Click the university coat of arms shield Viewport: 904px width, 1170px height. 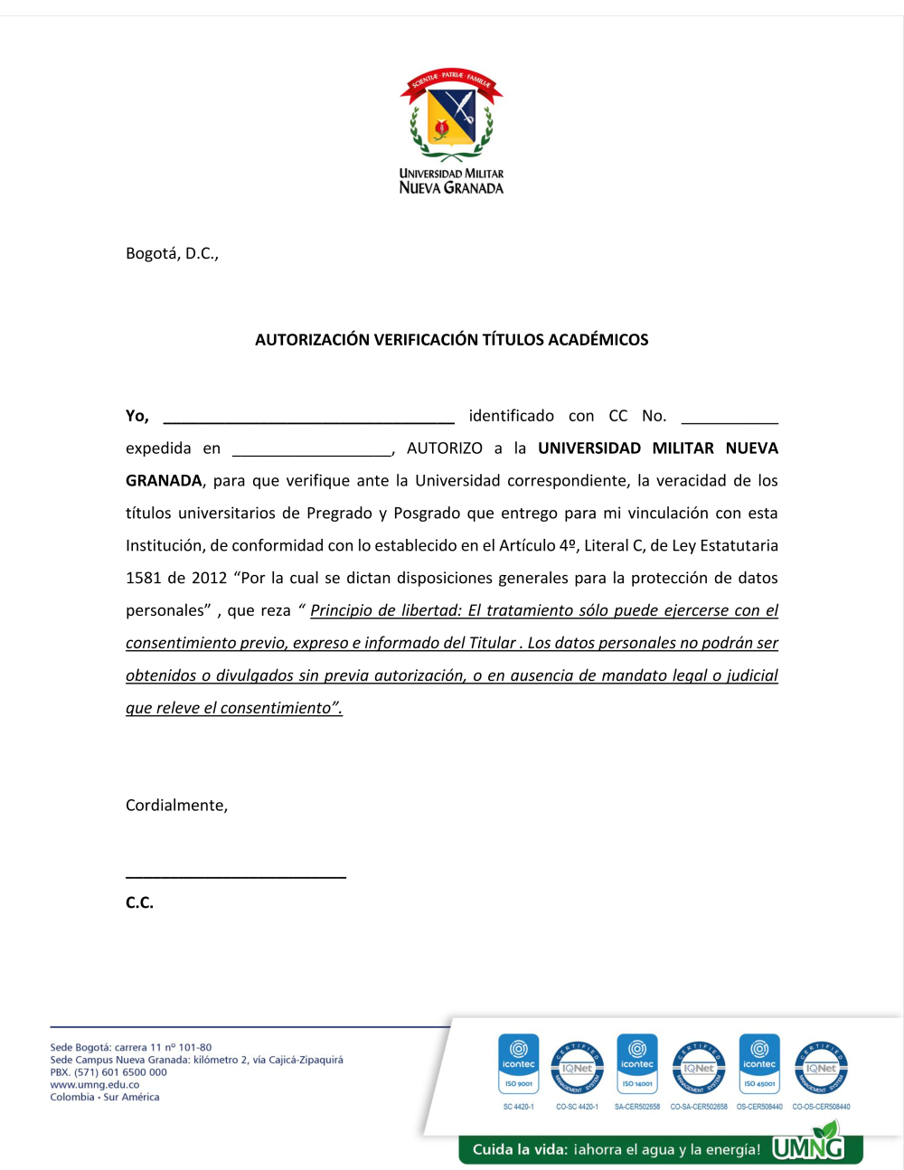coord(452,116)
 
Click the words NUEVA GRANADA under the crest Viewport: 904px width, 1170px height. coord(451,188)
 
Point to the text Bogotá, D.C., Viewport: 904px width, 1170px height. coord(172,253)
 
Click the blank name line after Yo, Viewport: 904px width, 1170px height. coord(308,418)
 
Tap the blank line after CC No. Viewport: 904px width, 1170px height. coord(730,418)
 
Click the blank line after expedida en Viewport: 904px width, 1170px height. coord(312,450)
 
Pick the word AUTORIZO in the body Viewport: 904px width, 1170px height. coord(445,448)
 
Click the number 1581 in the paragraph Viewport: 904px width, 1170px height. coord(142,579)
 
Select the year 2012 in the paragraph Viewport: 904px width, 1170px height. coord(209,579)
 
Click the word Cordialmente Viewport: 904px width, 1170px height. coord(176,806)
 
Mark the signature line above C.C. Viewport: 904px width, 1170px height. coord(236,874)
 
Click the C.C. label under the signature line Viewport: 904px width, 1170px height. coord(139,902)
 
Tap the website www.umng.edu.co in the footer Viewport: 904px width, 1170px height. coord(95,1085)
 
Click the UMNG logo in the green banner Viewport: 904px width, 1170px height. coord(808,1146)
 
